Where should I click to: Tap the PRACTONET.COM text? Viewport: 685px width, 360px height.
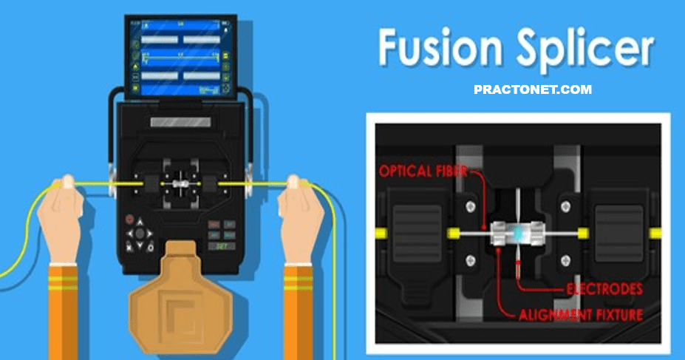(x=532, y=89)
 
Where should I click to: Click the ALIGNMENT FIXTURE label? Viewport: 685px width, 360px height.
(x=579, y=315)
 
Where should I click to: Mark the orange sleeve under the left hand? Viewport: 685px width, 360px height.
(x=67, y=310)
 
